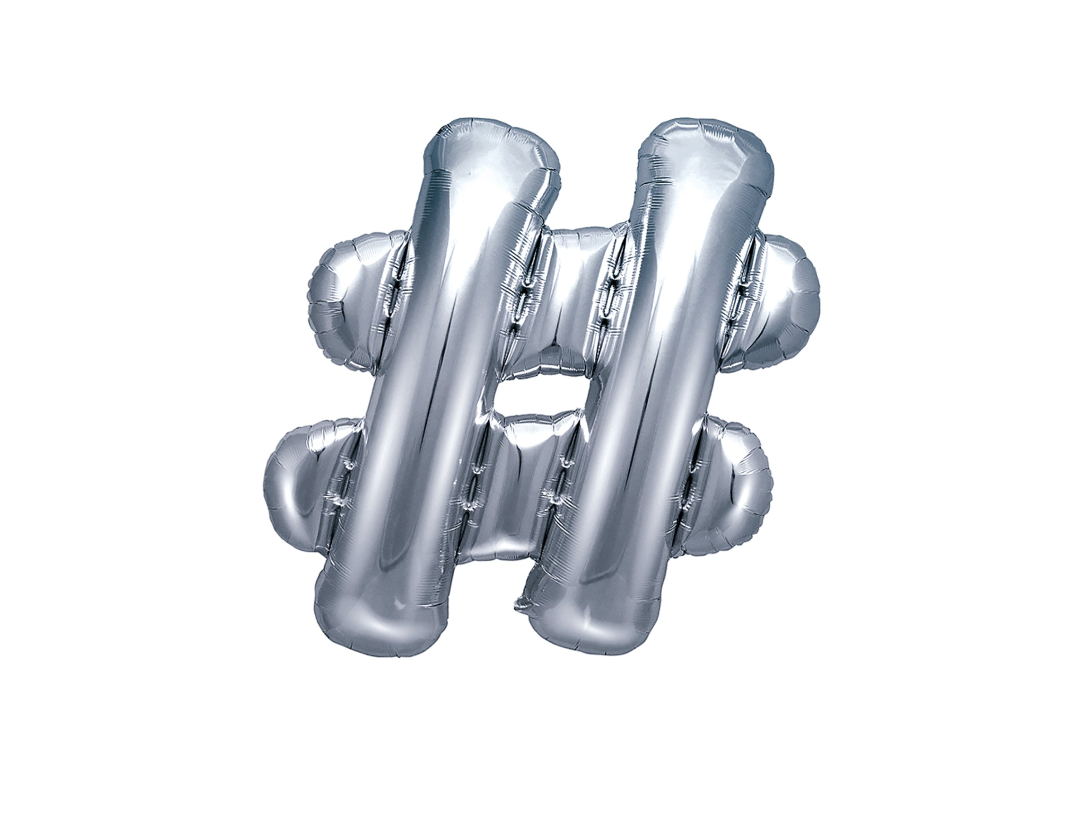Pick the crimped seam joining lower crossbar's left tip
[x=344, y=487]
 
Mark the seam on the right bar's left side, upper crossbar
[x=610, y=300]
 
